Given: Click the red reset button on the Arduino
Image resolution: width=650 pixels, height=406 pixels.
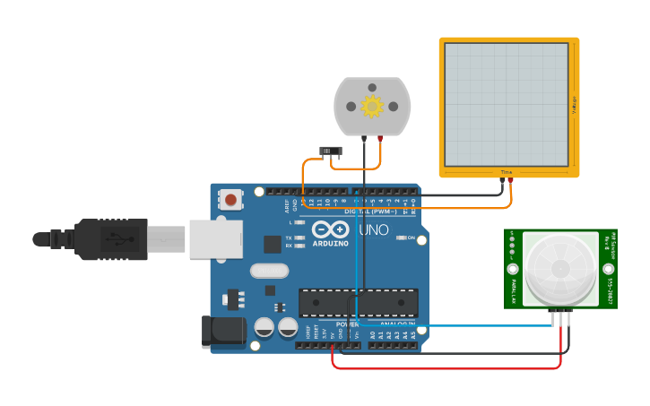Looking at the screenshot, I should (231, 200).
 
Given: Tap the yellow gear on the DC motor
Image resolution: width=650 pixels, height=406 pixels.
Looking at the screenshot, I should (372, 107).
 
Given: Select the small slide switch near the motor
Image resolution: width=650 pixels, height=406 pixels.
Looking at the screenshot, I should (331, 151).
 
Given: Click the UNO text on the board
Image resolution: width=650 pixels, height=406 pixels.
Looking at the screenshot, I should (374, 230).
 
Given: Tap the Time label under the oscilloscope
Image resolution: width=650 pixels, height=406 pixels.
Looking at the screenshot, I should (507, 172).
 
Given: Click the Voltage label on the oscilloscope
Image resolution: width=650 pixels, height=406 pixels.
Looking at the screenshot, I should (575, 104).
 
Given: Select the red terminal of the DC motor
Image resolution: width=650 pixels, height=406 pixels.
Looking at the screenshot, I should (381, 138).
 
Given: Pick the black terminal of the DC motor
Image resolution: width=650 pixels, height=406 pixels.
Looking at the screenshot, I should (364, 138).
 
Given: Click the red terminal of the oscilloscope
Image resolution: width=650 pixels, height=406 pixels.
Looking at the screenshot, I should (511, 180).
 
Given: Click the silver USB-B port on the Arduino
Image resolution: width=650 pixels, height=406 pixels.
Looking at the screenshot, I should (215, 239).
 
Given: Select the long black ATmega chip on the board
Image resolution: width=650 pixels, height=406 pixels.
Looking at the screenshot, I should (358, 303).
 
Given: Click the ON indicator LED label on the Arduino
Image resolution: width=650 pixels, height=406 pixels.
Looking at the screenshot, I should (411, 238).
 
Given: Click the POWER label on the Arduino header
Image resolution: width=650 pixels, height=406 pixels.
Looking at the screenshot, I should (347, 324).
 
